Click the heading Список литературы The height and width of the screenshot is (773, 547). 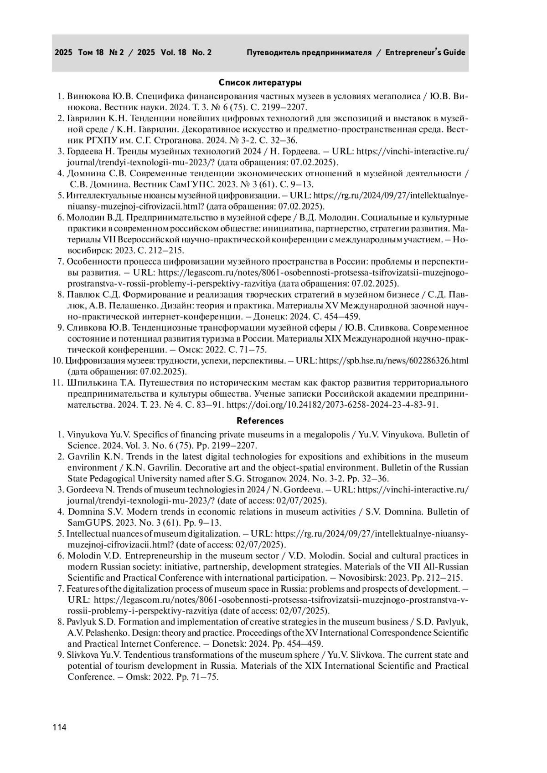tap(260, 83)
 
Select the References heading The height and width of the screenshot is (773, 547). tap(260, 421)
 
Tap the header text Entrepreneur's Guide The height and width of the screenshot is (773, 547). tap(425, 52)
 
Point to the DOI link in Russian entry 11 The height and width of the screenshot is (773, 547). tap(332, 404)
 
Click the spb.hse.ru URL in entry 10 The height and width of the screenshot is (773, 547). tap(393, 361)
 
